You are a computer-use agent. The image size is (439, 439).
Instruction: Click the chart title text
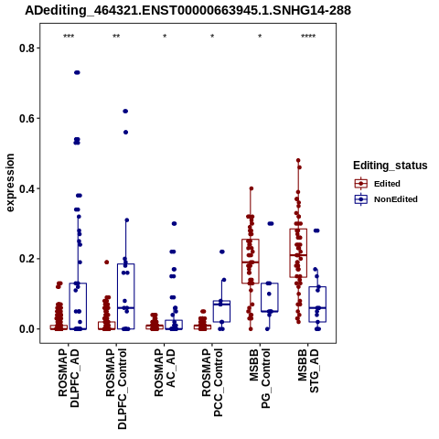[187, 10]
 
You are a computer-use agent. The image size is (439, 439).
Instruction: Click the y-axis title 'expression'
[10, 183]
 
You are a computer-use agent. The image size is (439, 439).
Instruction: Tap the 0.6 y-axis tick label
[27, 118]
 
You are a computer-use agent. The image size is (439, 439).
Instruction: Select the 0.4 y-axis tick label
[27, 188]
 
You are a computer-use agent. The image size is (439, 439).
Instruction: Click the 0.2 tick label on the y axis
[27, 259]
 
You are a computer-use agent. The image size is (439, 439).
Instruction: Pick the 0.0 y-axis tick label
[27, 329]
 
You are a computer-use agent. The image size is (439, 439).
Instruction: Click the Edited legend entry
[387, 184]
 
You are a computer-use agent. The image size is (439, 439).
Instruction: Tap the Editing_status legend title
[391, 166]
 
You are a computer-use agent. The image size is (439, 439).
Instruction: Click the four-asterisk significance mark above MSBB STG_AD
[308, 37]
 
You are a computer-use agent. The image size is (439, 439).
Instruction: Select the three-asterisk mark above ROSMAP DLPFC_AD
[69, 37]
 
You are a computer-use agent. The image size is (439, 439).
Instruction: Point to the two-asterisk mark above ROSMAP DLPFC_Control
[116, 37]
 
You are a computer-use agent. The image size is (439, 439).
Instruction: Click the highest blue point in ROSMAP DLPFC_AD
[77, 72]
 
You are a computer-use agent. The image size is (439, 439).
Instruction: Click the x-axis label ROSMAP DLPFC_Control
[116, 389]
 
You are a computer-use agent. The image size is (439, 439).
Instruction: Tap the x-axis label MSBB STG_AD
[308, 370]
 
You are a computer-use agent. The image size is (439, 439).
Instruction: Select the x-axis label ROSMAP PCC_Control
[212, 382]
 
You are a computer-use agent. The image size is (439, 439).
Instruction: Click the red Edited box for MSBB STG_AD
[298, 253]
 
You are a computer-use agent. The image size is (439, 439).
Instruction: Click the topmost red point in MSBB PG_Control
[252, 188]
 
